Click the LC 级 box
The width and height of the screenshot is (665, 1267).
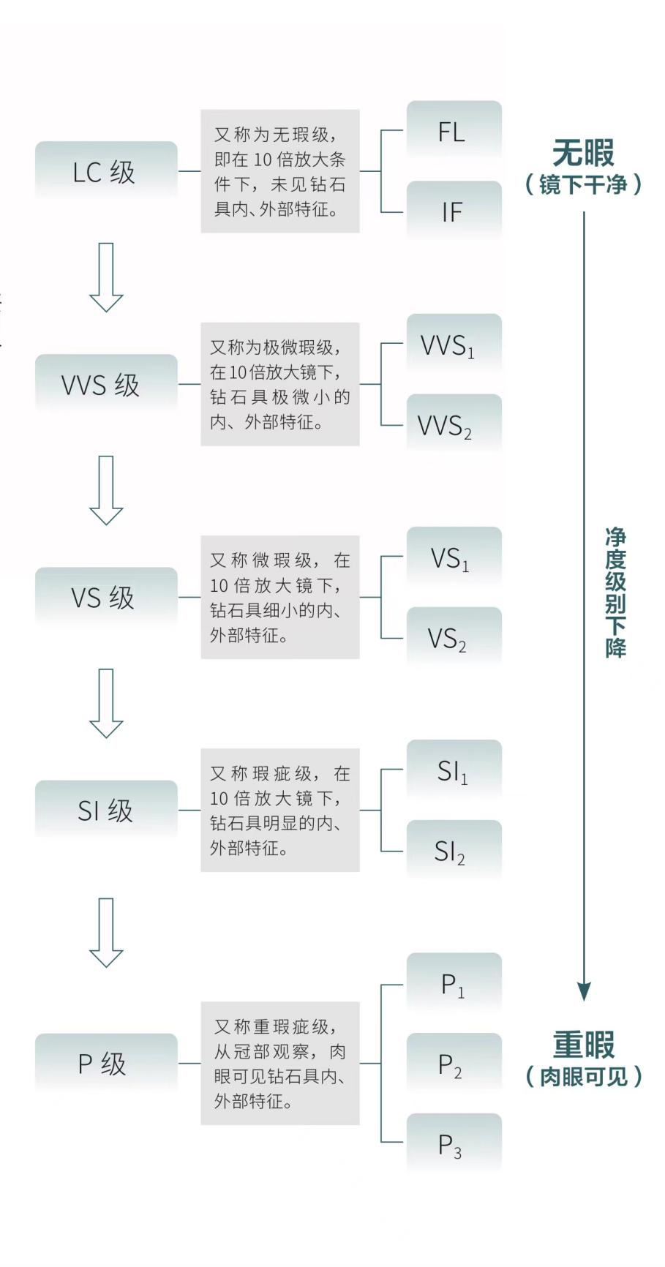click(x=106, y=172)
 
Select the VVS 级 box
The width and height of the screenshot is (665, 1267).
click(x=106, y=385)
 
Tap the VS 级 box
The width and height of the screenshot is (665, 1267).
click(x=106, y=598)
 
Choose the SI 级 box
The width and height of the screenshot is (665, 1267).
click(x=106, y=811)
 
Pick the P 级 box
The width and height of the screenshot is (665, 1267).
click(x=106, y=1064)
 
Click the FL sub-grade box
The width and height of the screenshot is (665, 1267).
click(x=454, y=132)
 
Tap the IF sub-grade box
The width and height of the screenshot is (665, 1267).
click(x=454, y=212)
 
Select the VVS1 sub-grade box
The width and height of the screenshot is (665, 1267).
click(x=454, y=345)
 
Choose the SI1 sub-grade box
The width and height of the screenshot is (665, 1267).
click(x=454, y=771)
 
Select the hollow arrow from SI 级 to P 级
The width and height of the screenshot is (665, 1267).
click(x=106, y=933)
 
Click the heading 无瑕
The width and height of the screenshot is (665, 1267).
click(x=583, y=154)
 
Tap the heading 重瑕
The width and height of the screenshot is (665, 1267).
click(x=583, y=1045)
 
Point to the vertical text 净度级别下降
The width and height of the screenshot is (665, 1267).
click(x=615, y=593)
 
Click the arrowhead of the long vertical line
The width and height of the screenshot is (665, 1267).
click(x=584, y=991)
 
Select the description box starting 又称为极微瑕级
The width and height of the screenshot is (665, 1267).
click(x=280, y=384)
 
